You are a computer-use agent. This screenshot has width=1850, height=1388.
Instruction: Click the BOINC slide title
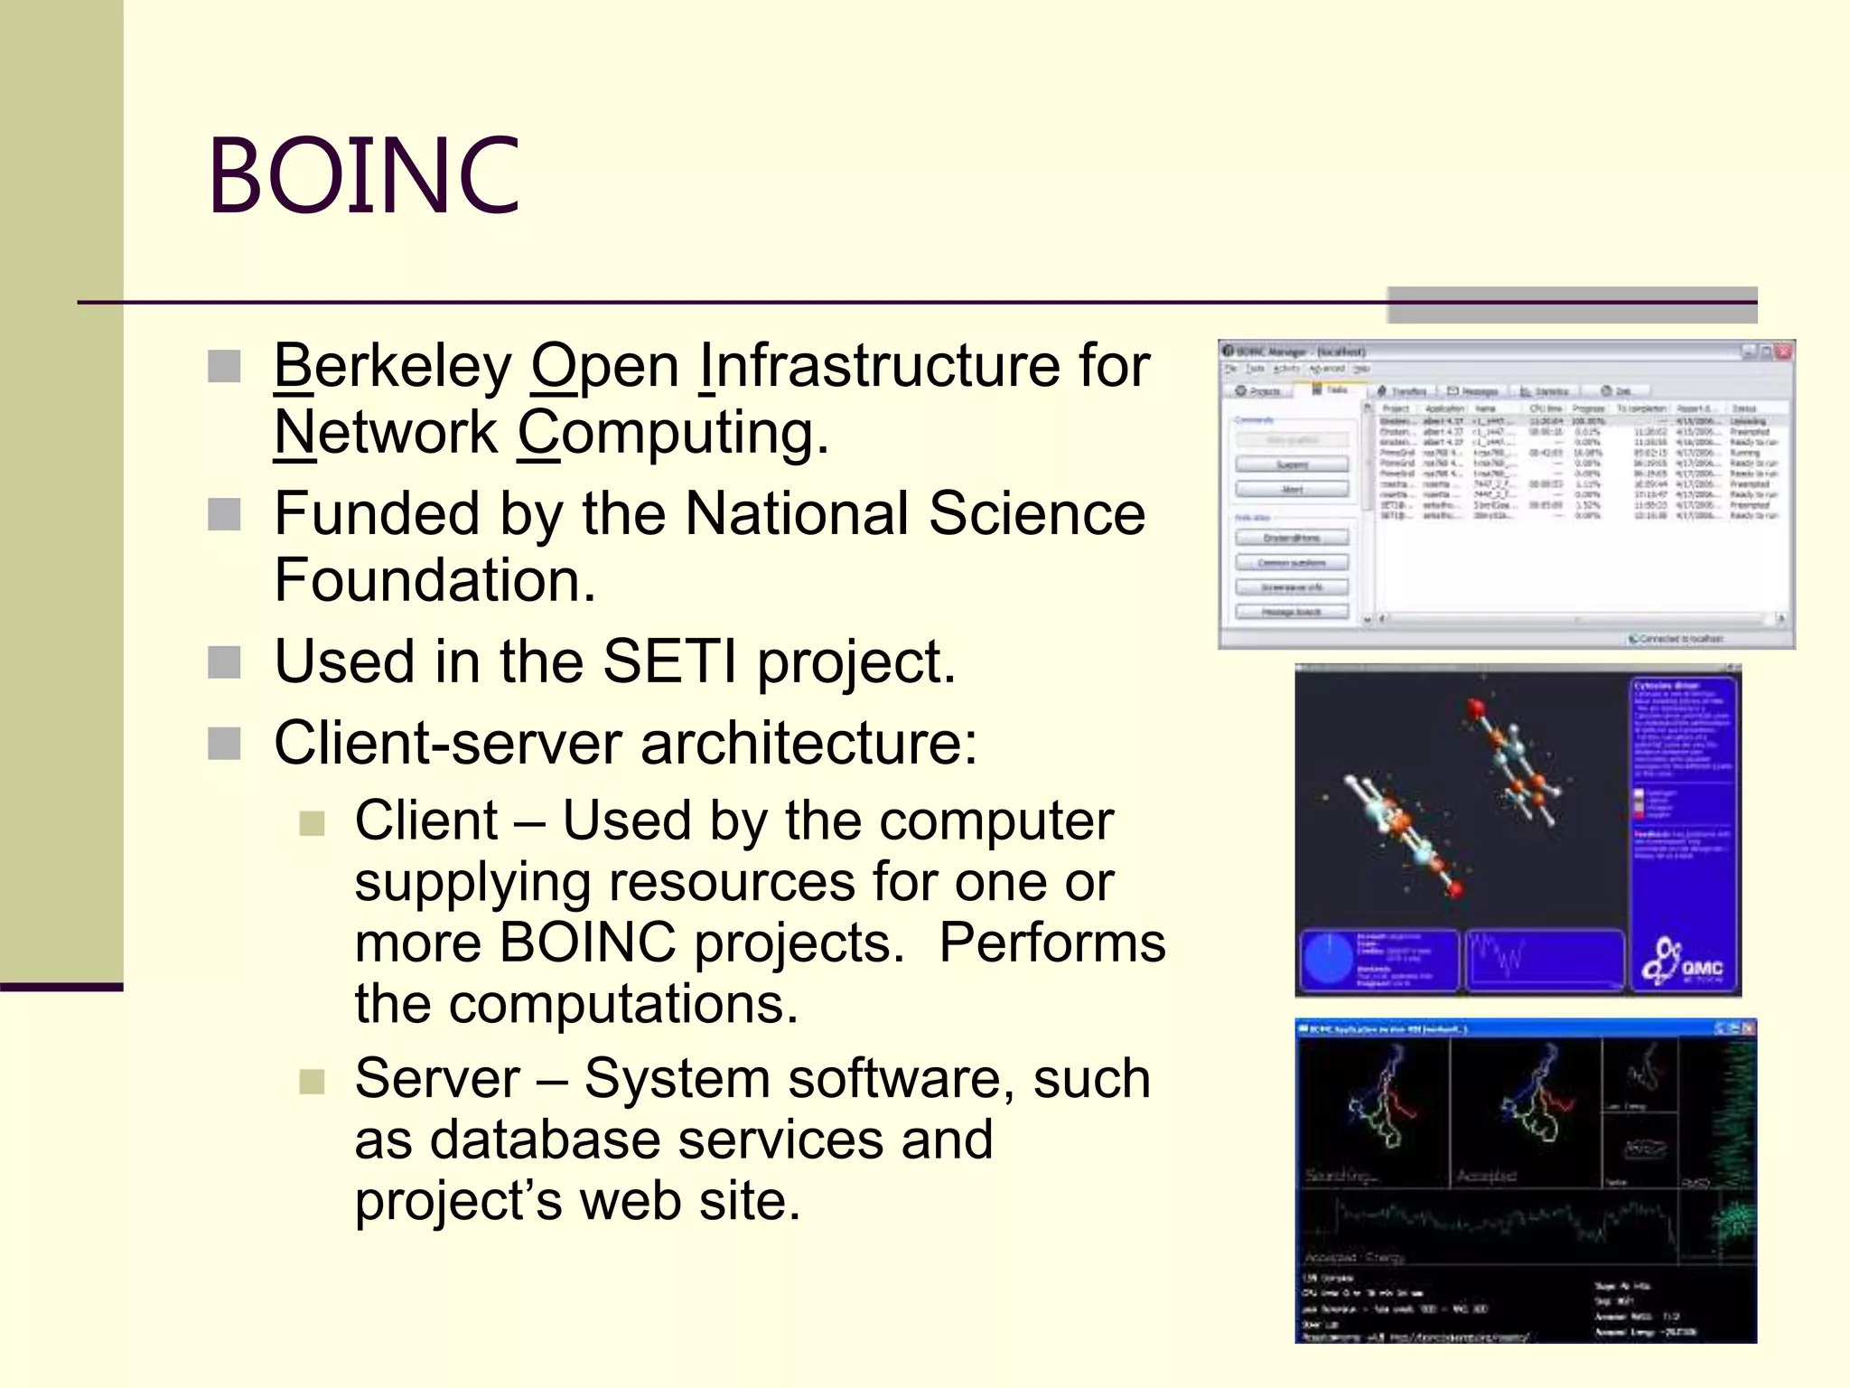[364, 175]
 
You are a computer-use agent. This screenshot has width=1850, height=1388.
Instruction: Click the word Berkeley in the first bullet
[392, 367]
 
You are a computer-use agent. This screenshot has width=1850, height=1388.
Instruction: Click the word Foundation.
[434, 581]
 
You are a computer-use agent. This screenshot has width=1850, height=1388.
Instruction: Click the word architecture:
[808, 744]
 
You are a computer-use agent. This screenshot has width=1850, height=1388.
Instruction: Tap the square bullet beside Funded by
[224, 515]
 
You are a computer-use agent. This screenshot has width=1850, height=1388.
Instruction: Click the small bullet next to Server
[312, 1081]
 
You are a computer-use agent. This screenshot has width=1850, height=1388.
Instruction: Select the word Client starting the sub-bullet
[425, 821]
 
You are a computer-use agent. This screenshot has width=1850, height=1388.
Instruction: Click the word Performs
[1051, 943]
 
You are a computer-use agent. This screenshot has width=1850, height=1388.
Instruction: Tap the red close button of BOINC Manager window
[1783, 352]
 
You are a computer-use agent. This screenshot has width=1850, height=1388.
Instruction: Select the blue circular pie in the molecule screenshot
[1330, 961]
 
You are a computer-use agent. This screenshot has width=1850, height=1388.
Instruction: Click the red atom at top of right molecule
[1477, 707]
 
